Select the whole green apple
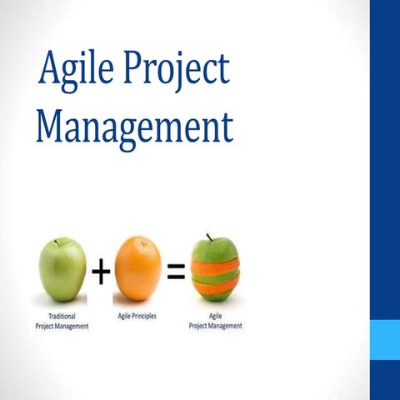click(x=62, y=269)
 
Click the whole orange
click(x=137, y=268)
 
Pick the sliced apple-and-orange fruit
click(x=214, y=268)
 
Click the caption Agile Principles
click(x=137, y=317)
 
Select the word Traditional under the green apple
click(x=61, y=317)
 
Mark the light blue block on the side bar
click(x=384, y=340)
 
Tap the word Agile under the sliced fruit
click(x=214, y=317)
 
